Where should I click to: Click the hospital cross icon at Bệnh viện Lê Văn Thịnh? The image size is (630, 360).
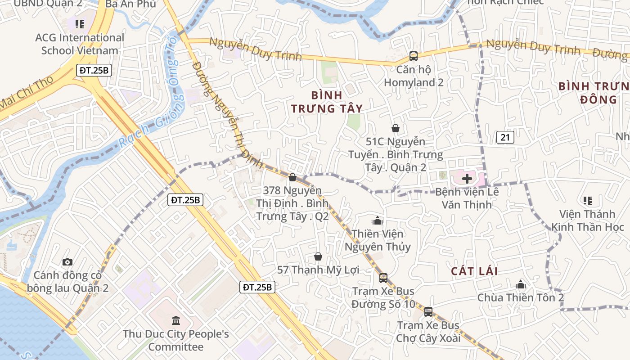point(467,178)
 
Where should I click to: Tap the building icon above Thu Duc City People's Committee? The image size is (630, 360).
point(176,321)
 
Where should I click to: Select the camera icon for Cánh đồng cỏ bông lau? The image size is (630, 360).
point(67,262)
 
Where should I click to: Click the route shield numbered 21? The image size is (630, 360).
point(505,137)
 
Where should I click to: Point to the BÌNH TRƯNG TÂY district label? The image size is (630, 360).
point(327,102)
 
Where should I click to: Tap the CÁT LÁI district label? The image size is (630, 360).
point(474,271)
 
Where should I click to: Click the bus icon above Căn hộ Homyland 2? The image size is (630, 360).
point(413,56)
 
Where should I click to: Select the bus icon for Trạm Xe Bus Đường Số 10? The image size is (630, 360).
point(383,278)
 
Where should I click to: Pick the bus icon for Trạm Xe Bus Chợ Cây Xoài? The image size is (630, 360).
point(428,311)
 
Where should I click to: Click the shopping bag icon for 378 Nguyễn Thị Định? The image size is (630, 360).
point(292,178)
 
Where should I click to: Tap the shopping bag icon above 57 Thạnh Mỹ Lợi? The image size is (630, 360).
point(318,256)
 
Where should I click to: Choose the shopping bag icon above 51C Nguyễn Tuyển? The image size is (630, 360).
point(396,129)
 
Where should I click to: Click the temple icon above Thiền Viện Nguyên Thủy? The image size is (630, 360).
point(378,220)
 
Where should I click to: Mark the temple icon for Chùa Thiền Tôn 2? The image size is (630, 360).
point(521,284)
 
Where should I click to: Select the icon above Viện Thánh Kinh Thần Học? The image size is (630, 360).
point(587,200)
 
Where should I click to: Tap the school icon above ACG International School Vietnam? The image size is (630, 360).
point(80,24)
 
